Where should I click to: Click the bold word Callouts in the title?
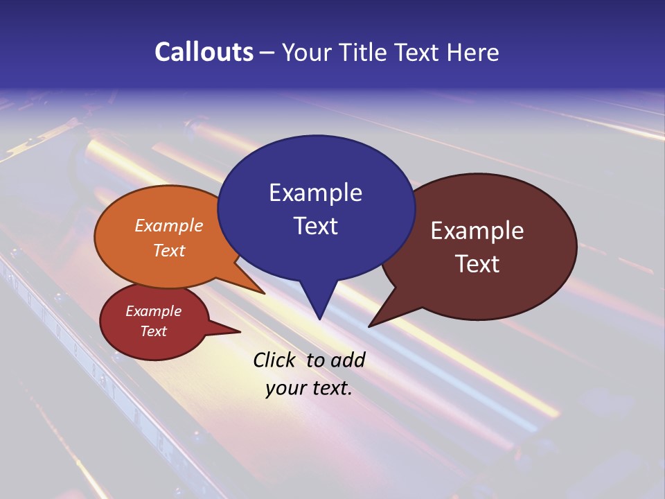coord(204,52)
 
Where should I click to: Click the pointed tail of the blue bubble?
coord(319,312)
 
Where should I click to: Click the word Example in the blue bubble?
coord(315,193)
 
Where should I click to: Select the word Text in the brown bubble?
coord(477,264)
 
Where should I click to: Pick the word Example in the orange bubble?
coord(169,225)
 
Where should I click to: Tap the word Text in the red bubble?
coord(153,331)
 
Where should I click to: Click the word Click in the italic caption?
coord(275,360)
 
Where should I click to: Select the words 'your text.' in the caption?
coord(309,388)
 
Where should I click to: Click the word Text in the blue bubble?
coord(315,226)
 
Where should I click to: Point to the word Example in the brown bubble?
coord(477,231)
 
